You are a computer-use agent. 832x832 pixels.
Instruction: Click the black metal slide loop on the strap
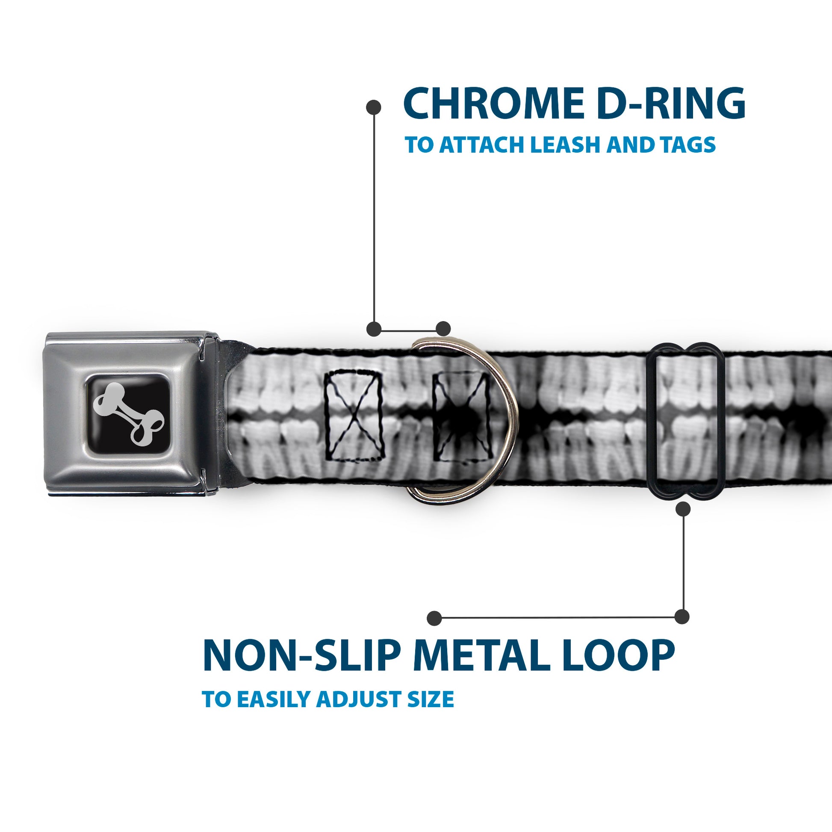[686, 421]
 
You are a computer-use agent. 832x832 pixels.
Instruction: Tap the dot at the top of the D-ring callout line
[373, 107]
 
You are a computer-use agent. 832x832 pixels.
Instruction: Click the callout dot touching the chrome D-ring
[443, 329]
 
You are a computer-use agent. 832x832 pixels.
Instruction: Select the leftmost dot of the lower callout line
[434, 618]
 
